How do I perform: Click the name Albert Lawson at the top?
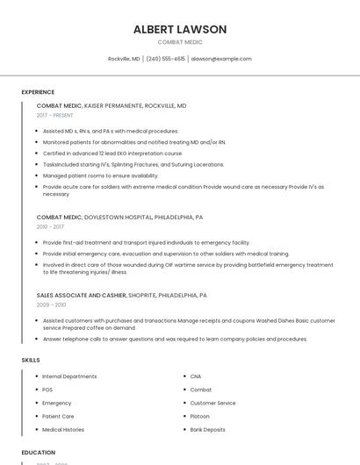tap(180, 29)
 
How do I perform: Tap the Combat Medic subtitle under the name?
tap(180, 42)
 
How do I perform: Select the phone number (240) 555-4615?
tap(165, 59)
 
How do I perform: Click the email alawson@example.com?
tap(221, 59)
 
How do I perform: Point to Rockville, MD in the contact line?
tap(124, 59)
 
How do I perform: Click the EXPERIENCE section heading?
tap(38, 92)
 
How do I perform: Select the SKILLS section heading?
tap(31, 360)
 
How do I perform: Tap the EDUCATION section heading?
tap(39, 453)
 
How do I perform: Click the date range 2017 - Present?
tap(55, 115)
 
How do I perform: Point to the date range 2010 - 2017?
tap(50, 226)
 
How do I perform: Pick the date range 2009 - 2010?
tap(51, 304)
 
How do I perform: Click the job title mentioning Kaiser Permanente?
tap(112, 105)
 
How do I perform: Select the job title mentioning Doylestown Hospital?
tap(119, 217)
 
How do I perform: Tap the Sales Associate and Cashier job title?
tap(122, 296)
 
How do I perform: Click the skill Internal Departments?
tap(69, 376)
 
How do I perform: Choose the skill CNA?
tap(196, 376)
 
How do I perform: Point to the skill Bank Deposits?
tap(208, 430)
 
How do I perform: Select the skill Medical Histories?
tap(63, 430)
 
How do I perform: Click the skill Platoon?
tap(200, 417)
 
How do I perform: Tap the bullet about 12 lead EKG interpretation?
tap(112, 153)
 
